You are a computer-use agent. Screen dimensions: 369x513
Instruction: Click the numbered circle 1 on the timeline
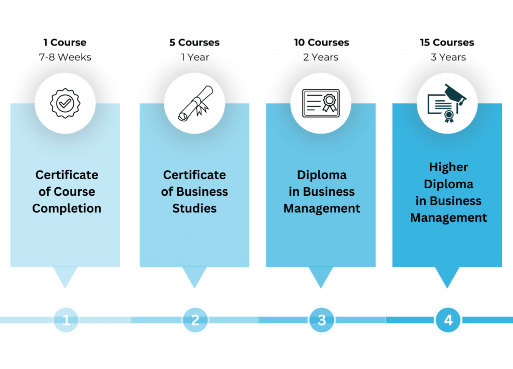pyautogui.click(x=66, y=320)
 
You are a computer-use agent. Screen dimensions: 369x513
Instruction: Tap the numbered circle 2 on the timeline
pyautogui.click(x=195, y=320)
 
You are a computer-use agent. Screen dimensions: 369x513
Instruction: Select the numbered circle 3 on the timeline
pyautogui.click(x=322, y=320)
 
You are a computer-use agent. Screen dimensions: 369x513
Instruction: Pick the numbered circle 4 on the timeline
pyautogui.click(x=448, y=320)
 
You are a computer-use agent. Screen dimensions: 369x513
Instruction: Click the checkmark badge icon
pyautogui.click(x=65, y=104)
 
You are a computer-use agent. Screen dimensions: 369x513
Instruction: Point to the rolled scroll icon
pyautogui.click(x=194, y=104)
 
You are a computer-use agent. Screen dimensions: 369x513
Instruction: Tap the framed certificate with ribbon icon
pyautogui.click(x=321, y=104)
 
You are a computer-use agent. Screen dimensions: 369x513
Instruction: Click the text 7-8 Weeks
pyautogui.click(x=65, y=57)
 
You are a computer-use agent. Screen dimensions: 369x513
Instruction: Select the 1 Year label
pyautogui.click(x=195, y=57)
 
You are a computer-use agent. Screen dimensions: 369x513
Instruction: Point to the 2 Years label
pyautogui.click(x=321, y=57)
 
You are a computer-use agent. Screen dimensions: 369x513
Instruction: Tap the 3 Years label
pyautogui.click(x=448, y=57)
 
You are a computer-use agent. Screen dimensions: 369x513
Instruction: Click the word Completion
pyautogui.click(x=67, y=208)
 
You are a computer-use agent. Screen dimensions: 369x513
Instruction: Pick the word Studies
pyautogui.click(x=194, y=208)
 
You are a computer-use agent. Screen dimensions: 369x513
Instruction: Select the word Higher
pyautogui.click(x=448, y=167)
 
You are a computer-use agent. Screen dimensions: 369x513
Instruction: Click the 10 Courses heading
pyautogui.click(x=321, y=42)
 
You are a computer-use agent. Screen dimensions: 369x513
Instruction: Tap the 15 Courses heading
pyautogui.click(x=447, y=42)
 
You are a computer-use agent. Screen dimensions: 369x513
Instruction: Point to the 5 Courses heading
pyautogui.click(x=194, y=42)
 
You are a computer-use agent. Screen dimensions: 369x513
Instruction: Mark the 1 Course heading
pyautogui.click(x=65, y=42)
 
